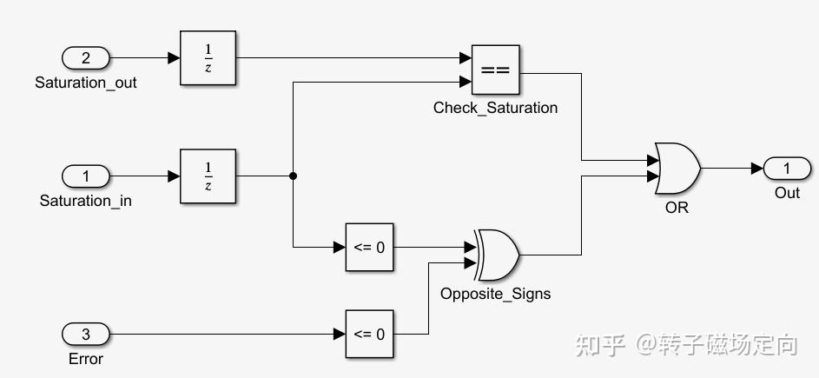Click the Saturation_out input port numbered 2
click(86, 58)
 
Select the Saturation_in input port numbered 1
click(86, 176)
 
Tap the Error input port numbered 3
click(86, 334)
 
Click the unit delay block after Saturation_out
click(208, 58)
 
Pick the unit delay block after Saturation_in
click(208, 176)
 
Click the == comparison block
click(495, 69)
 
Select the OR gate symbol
click(677, 169)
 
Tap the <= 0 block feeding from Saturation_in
click(368, 247)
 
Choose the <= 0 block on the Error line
click(368, 334)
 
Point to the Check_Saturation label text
click(495, 108)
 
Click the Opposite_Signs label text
click(495, 293)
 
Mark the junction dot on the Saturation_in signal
click(293, 176)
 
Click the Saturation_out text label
click(86, 83)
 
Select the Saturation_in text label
click(86, 201)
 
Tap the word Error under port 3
click(85, 358)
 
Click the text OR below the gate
click(677, 208)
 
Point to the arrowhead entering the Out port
click(757, 168)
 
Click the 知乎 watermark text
click(600, 345)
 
